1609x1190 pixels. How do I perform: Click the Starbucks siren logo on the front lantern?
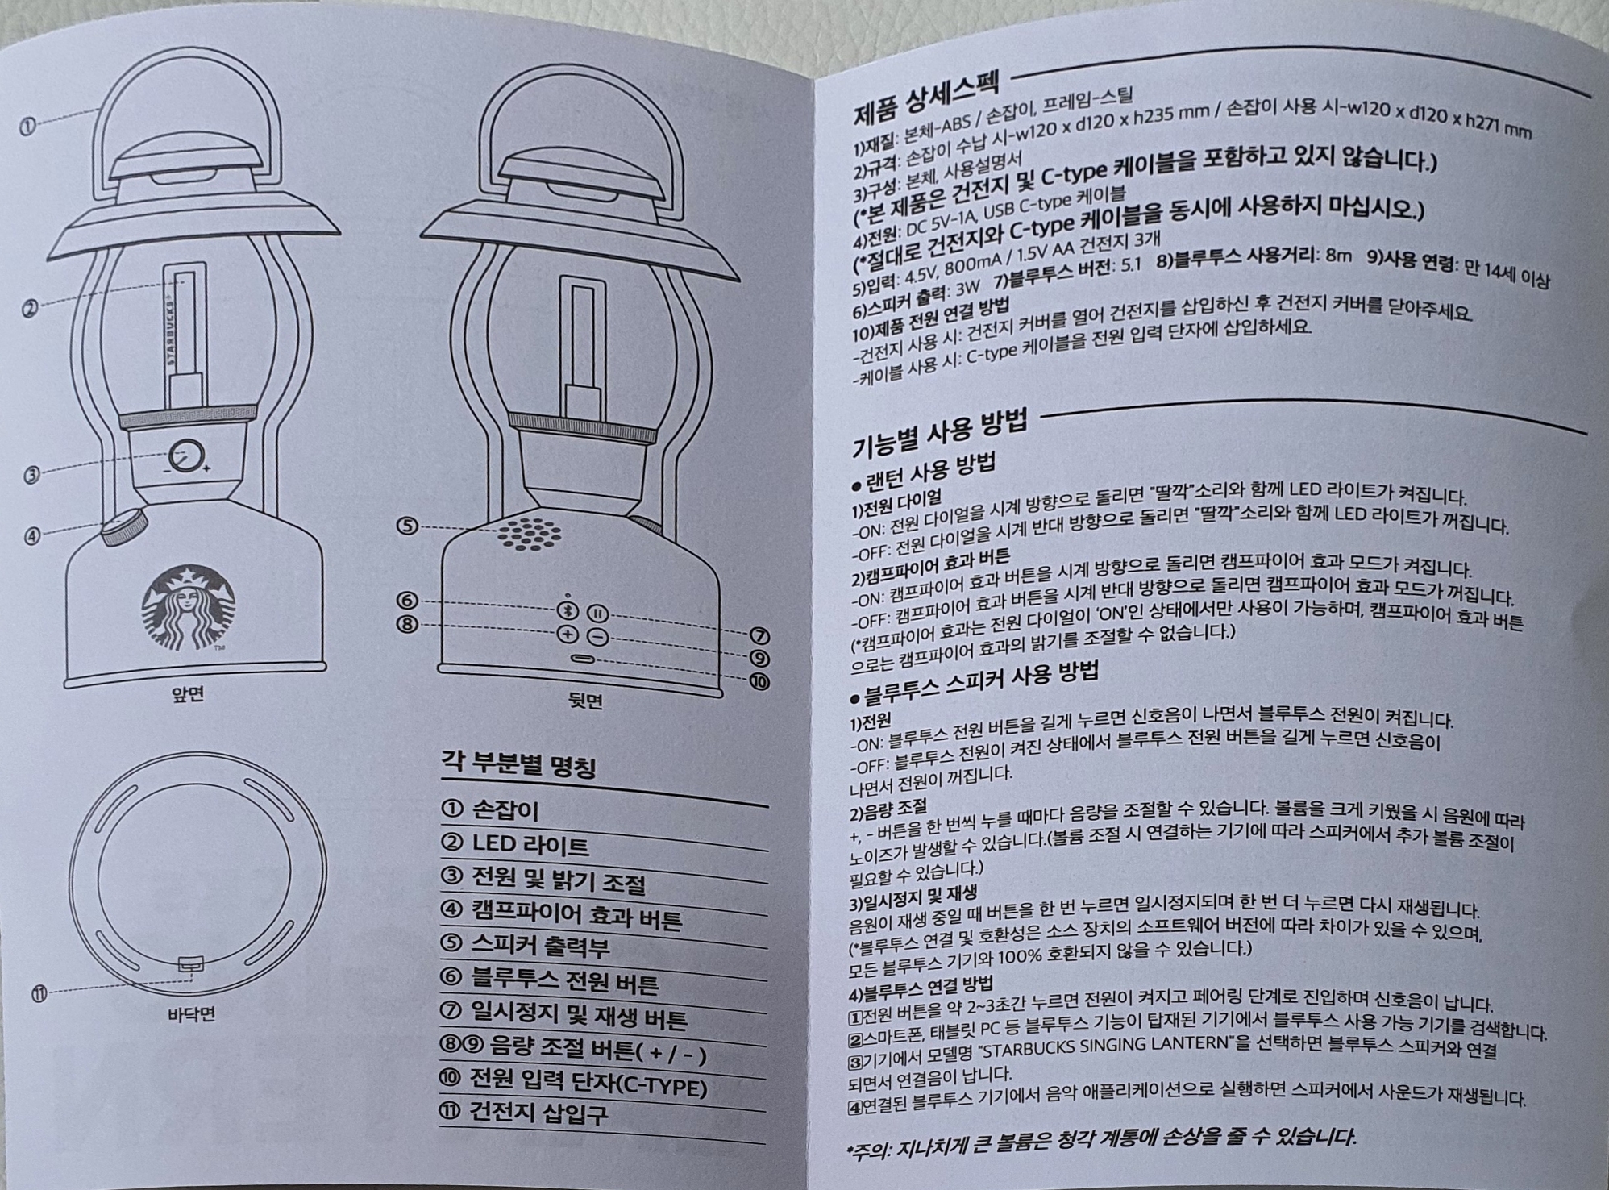[189, 606]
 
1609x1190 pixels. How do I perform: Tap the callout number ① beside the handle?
[29, 126]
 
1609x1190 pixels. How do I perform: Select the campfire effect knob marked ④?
[123, 525]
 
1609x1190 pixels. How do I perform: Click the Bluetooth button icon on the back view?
[568, 611]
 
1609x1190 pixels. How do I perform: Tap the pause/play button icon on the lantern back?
[597, 614]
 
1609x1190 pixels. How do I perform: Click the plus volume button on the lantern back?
[568, 634]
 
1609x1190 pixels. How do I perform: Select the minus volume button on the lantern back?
[597, 637]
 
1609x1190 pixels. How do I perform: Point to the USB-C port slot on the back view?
[582, 660]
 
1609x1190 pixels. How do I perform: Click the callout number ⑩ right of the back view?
[759, 682]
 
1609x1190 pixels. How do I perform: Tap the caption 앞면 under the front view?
[188, 694]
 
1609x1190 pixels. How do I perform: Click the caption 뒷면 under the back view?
[585, 701]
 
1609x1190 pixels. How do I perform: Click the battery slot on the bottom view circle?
[190, 963]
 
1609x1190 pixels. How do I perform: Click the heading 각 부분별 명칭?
[518, 764]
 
